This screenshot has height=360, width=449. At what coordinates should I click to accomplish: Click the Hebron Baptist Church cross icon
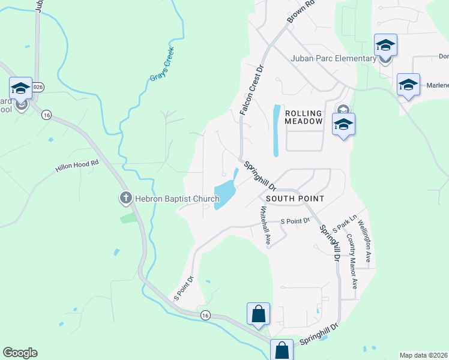(x=125, y=197)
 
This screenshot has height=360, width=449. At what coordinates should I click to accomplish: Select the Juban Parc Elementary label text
(x=333, y=58)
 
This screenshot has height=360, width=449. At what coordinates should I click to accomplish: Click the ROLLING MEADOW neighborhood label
(x=304, y=117)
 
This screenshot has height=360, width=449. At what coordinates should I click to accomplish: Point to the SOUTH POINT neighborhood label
(x=295, y=198)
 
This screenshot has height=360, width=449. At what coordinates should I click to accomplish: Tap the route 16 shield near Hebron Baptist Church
(x=46, y=114)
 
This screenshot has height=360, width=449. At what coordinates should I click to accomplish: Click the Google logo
(x=20, y=353)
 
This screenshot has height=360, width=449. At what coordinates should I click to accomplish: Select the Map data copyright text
(x=423, y=355)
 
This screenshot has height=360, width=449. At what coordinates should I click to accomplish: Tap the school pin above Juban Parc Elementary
(x=385, y=46)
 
